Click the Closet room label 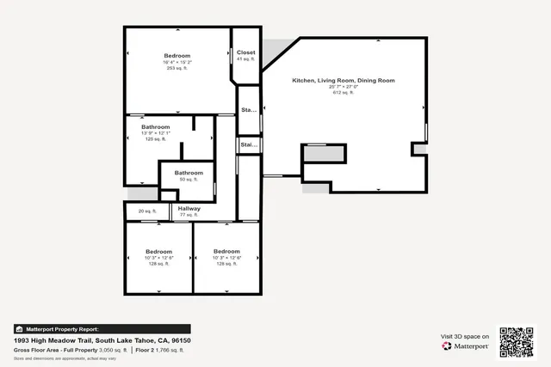(246, 52)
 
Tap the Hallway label (189, 208)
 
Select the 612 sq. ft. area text (344, 92)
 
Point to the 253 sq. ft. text (176, 69)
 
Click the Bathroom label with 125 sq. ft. (156, 126)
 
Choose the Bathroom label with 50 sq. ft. (189, 173)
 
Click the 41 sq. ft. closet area (246, 58)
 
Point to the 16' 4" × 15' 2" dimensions (176, 63)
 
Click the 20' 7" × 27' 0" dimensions (344, 86)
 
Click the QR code (517, 341)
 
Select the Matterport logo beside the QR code (465, 346)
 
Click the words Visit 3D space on (465, 336)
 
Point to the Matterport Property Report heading (62, 329)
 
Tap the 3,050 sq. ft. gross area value (113, 350)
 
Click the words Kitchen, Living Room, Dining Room (344, 80)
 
